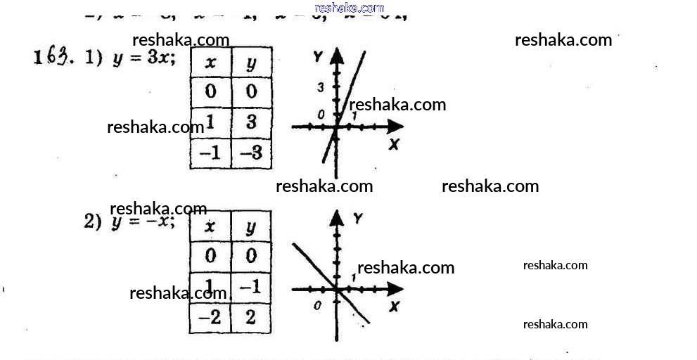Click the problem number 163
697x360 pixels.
(53, 58)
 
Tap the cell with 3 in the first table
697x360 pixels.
(251, 122)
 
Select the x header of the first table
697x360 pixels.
(210, 63)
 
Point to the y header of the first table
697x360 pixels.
(251, 63)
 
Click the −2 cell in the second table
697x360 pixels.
(210, 317)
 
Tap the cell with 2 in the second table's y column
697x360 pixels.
(251, 317)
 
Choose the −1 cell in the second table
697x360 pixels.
(251, 286)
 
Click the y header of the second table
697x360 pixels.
(251, 226)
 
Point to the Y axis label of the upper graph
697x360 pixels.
(318, 56)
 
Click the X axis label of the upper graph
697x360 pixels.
(394, 144)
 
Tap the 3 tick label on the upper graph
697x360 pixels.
(320, 88)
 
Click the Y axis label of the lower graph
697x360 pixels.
(358, 219)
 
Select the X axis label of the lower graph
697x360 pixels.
(394, 307)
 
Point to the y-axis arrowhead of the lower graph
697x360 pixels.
(338, 217)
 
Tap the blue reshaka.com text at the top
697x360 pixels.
(350, 8)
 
